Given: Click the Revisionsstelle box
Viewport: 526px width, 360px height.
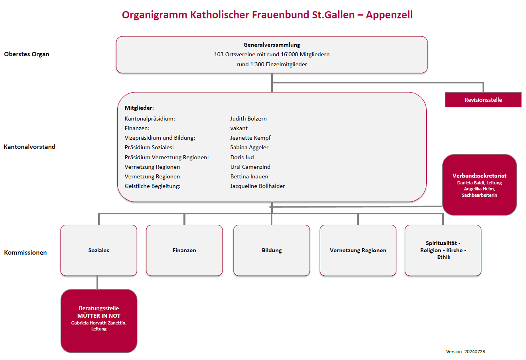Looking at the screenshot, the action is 483,100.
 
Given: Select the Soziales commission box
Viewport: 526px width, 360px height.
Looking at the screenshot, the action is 99,250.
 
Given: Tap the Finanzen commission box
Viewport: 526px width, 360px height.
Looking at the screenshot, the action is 184,250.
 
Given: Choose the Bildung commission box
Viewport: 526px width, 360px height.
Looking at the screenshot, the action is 272,250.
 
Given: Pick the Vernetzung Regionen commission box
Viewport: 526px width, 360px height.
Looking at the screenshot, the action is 358,250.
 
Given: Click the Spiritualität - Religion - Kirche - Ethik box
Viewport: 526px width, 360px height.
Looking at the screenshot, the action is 443,250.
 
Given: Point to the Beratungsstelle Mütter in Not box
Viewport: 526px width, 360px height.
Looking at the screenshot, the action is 99,321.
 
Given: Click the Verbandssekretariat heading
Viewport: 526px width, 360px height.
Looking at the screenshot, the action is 479,176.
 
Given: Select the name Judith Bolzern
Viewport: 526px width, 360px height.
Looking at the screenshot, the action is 248,119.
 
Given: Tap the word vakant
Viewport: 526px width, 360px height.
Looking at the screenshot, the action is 239,128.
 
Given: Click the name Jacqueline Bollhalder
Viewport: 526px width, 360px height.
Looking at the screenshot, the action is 257,186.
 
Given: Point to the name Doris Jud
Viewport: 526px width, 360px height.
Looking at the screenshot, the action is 242,157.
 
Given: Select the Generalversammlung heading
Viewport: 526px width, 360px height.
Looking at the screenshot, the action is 272,45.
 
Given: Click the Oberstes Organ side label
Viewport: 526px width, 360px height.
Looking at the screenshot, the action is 27,54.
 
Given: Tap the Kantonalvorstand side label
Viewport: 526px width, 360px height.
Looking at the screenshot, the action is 30,147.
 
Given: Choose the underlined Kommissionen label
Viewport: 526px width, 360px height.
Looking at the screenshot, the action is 26,253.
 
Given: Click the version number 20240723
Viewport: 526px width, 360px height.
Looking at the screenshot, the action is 475,352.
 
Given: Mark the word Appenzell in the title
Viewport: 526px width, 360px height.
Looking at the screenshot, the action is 389,15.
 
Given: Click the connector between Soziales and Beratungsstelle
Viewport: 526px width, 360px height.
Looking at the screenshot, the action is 97,283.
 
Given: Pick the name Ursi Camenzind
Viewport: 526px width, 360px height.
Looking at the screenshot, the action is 250,167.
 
